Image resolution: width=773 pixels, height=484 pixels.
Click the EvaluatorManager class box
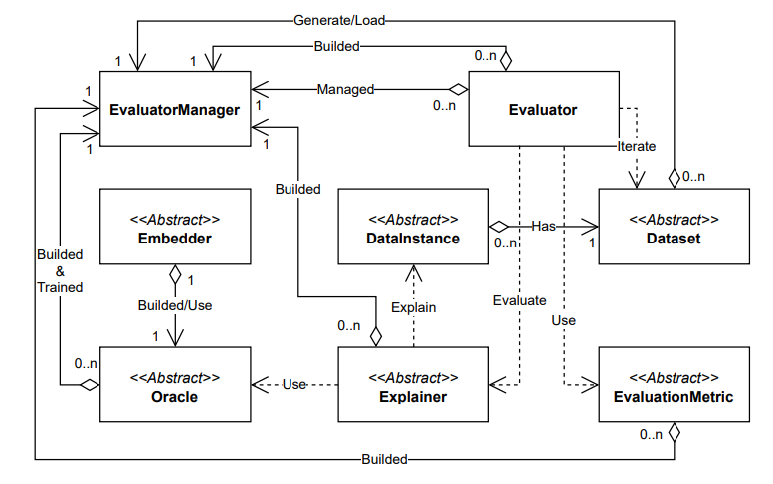[x=174, y=109]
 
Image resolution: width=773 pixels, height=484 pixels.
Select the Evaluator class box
[x=543, y=109]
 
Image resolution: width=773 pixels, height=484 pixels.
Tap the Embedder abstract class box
[x=174, y=227]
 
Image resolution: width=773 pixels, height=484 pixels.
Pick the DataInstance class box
[x=413, y=227]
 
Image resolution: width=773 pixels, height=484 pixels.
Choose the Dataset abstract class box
[x=674, y=227]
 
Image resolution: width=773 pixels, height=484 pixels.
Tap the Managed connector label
[x=345, y=89]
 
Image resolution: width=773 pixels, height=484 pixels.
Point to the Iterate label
[x=636, y=146]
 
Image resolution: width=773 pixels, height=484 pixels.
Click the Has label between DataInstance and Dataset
[x=542, y=226]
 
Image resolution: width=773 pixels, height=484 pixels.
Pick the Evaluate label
[x=519, y=299]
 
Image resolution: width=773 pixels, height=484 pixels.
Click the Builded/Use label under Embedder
[x=175, y=305]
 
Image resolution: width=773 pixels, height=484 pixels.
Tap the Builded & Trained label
[x=60, y=270]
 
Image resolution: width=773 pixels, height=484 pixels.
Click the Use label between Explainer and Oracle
[x=293, y=384]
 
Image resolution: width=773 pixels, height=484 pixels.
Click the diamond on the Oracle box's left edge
[x=90, y=384]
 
